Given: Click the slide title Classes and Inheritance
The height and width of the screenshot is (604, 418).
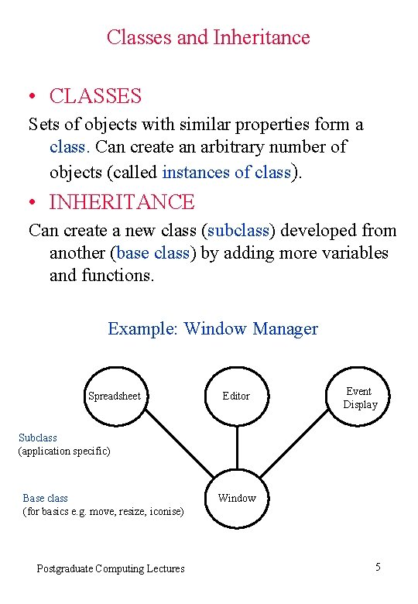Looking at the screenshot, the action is [208, 37].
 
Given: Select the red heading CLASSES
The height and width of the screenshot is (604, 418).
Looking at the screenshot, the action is [95, 96].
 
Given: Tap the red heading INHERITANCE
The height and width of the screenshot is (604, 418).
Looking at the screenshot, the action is [122, 202].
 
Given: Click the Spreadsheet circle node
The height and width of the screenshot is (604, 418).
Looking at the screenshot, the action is [115, 396].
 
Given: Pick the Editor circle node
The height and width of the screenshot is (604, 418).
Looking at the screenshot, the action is [236, 396].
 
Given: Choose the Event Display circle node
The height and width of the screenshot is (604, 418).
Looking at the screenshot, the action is [360, 397].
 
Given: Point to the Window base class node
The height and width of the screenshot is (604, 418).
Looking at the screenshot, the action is [236, 498].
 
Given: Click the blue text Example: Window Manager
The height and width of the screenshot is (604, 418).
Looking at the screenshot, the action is [213, 328].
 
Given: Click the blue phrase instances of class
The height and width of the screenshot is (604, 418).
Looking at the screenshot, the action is [226, 172].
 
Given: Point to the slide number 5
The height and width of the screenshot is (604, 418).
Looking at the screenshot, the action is [378, 568].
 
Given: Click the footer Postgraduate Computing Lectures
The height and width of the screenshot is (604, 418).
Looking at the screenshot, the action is [111, 568].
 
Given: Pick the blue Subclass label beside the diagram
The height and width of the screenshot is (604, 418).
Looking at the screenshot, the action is [38, 438].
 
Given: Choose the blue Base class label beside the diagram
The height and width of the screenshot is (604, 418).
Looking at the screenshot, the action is [46, 498].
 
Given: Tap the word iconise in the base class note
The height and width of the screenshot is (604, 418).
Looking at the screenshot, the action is [166, 511].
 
